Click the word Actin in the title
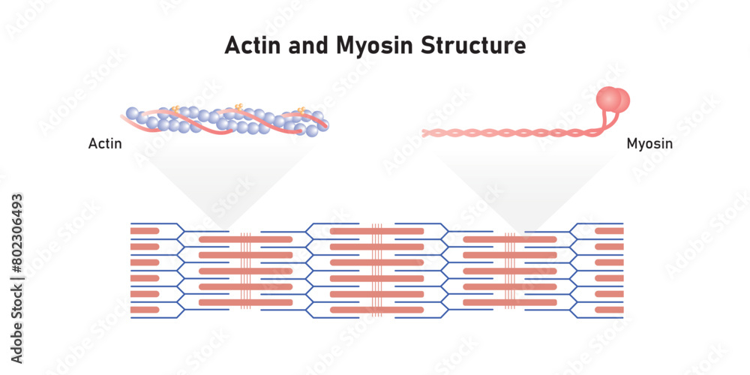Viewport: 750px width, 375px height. pyautogui.click(x=251, y=46)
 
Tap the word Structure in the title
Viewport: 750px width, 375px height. pyautogui.click(x=473, y=46)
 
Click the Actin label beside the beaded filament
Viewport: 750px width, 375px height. pyautogui.click(x=104, y=143)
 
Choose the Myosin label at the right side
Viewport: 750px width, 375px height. pyautogui.click(x=649, y=143)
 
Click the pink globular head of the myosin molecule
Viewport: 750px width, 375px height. pyautogui.click(x=612, y=100)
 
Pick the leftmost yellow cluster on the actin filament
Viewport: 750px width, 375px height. pyautogui.click(x=175, y=110)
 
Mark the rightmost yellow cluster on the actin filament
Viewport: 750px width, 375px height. pyautogui.click(x=301, y=112)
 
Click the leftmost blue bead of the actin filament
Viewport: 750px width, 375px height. pyautogui.click(x=132, y=114)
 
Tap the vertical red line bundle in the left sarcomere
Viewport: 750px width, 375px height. pyautogui.click(x=245, y=271)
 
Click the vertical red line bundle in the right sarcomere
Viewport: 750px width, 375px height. pyautogui.click(x=510, y=271)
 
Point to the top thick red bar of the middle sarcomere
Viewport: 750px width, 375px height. pyautogui.click(x=377, y=231)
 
